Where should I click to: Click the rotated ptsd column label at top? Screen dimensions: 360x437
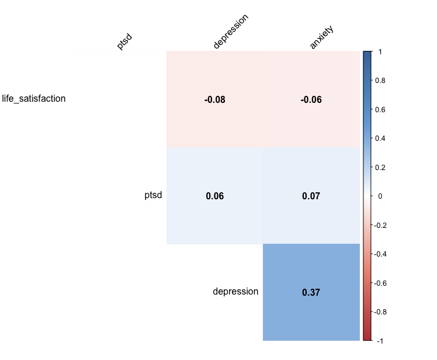pos(124,42)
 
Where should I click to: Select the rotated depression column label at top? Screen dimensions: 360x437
pos(231,32)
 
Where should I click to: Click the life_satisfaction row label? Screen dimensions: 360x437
pos(34,98)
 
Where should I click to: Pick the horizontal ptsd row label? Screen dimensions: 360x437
pos(153,195)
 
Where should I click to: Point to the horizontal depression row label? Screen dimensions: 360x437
pos(235,292)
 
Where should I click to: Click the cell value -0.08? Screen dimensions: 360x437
pos(215,100)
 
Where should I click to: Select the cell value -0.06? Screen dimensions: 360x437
pos(311,100)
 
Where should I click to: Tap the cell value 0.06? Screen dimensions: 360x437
pos(215,196)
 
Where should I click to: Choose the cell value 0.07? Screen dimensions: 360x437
pos(311,196)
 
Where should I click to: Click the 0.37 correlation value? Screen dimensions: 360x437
pos(311,293)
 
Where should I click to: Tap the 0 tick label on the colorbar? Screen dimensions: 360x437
pos(380,196)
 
